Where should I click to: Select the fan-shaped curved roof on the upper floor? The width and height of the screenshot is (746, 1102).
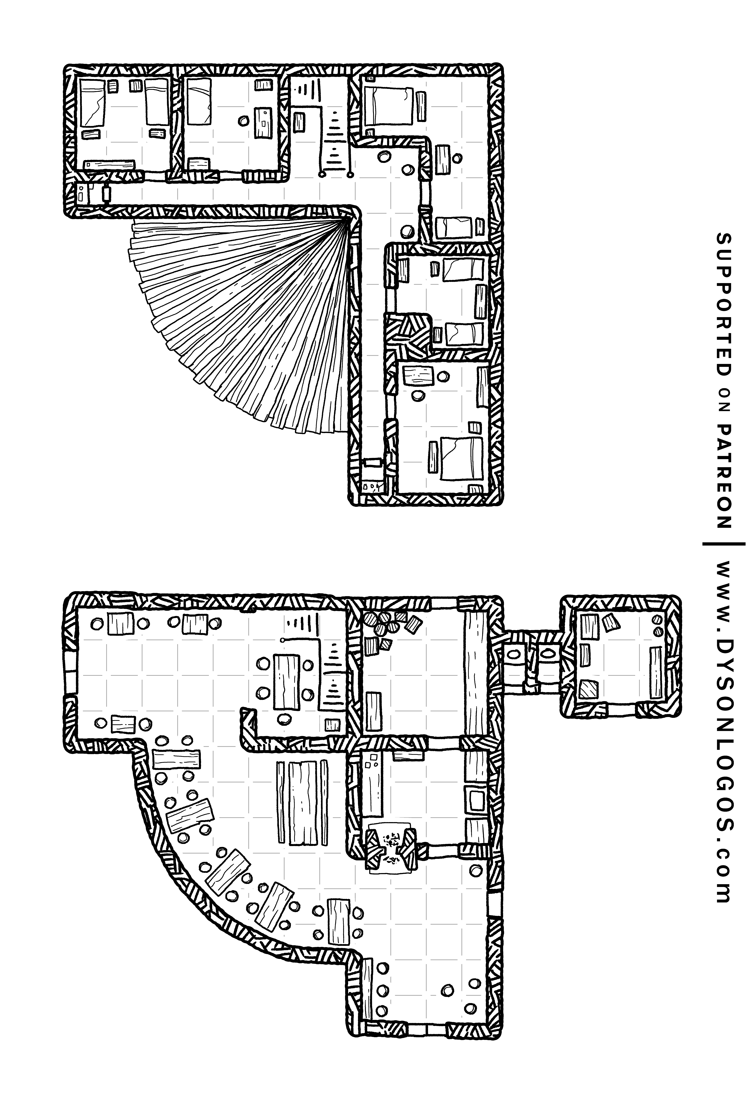246,313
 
